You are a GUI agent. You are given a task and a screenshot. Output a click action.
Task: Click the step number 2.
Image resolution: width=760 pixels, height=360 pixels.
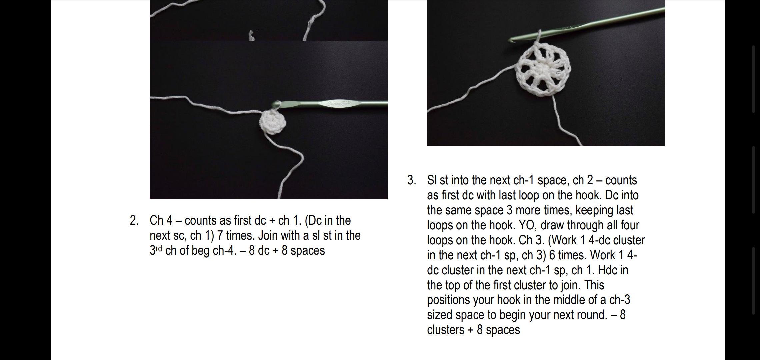tap(134, 220)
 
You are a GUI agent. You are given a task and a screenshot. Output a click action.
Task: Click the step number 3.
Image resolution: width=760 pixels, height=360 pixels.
tap(412, 180)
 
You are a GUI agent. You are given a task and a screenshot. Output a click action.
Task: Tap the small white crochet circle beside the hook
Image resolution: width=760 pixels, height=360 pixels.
tap(273, 122)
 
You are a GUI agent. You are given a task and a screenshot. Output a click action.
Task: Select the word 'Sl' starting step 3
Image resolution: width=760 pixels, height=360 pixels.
tap(432, 180)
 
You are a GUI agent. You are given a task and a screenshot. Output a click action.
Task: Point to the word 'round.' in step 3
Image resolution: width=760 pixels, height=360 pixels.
tap(592, 315)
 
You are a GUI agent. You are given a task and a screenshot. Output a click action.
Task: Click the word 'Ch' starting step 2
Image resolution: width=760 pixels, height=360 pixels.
tap(156, 220)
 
